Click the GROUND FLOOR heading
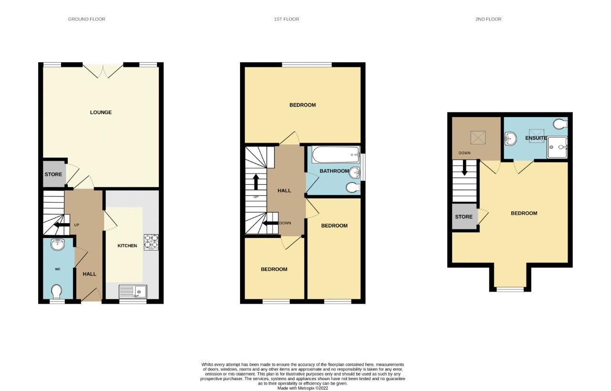click(86, 19)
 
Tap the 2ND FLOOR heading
click(488, 19)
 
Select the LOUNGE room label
click(101, 112)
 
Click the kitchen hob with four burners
click(151, 241)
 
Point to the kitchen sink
click(133, 291)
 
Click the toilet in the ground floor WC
click(57, 291)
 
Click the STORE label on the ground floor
click(53, 174)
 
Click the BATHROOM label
click(334, 171)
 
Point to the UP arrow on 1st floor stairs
click(256, 182)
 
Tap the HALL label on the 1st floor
click(284, 191)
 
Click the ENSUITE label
click(536, 138)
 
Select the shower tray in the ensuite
click(558, 146)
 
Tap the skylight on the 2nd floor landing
click(477, 138)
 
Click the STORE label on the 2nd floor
click(464, 217)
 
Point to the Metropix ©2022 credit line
click(303, 388)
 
